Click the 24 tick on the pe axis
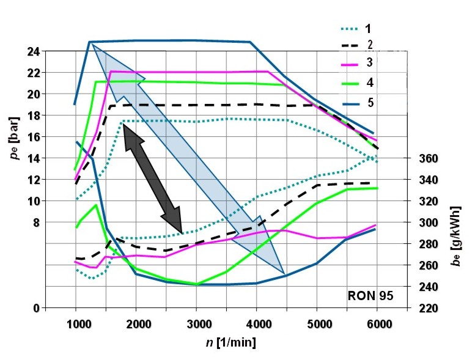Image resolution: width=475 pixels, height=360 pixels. click(x=34, y=51)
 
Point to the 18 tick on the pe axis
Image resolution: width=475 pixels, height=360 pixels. click(x=34, y=116)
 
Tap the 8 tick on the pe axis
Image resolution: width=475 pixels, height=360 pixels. click(x=35, y=222)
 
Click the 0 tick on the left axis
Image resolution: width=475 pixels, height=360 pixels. click(x=37, y=308)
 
